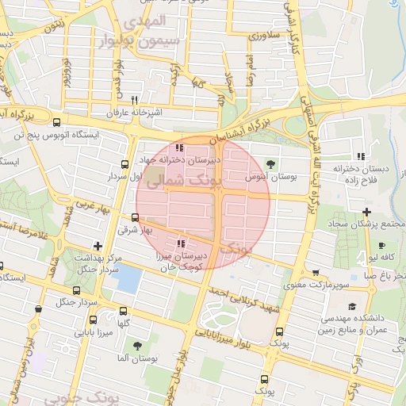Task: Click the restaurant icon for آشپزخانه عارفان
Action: pos(134,100)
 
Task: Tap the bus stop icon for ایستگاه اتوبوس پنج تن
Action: pos(56,122)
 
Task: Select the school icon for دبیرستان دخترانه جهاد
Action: pos(181,147)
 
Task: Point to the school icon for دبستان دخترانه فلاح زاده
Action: pos(361,155)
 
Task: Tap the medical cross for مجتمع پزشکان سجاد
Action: pos(366,211)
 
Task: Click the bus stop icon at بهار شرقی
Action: pos(134,217)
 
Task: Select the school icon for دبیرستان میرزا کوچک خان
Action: pos(181,243)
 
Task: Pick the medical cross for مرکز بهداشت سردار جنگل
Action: pos(97,246)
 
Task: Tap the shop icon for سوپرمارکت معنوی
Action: pos(317,271)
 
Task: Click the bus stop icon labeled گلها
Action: pos(122,312)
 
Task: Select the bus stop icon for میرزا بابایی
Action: pos(93,321)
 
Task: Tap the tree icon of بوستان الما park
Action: pos(137,346)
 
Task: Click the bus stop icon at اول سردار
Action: pos(124,164)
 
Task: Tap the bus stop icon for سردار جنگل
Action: pos(38,309)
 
